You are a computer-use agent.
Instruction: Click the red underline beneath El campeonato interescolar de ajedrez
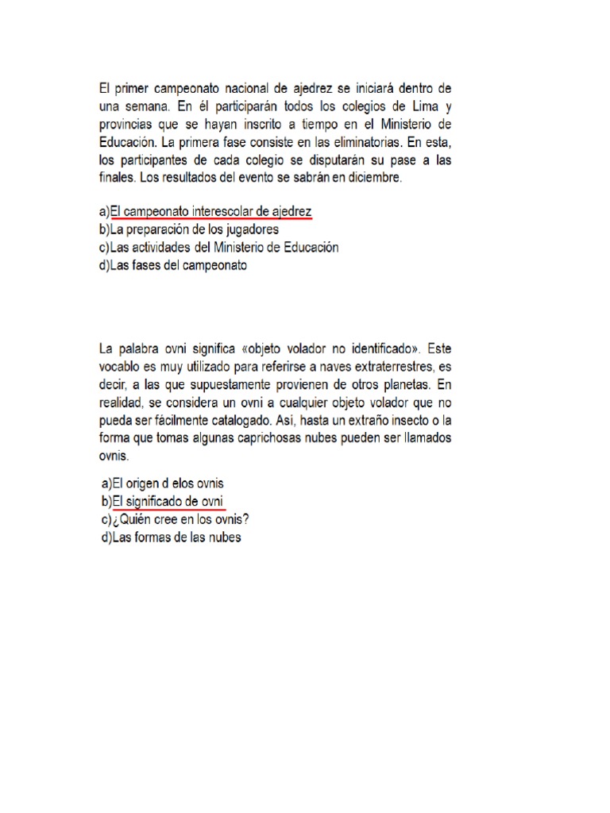(x=211, y=218)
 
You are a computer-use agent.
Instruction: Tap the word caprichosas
(x=277, y=439)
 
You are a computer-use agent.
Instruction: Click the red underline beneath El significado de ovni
(x=169, y=508)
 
